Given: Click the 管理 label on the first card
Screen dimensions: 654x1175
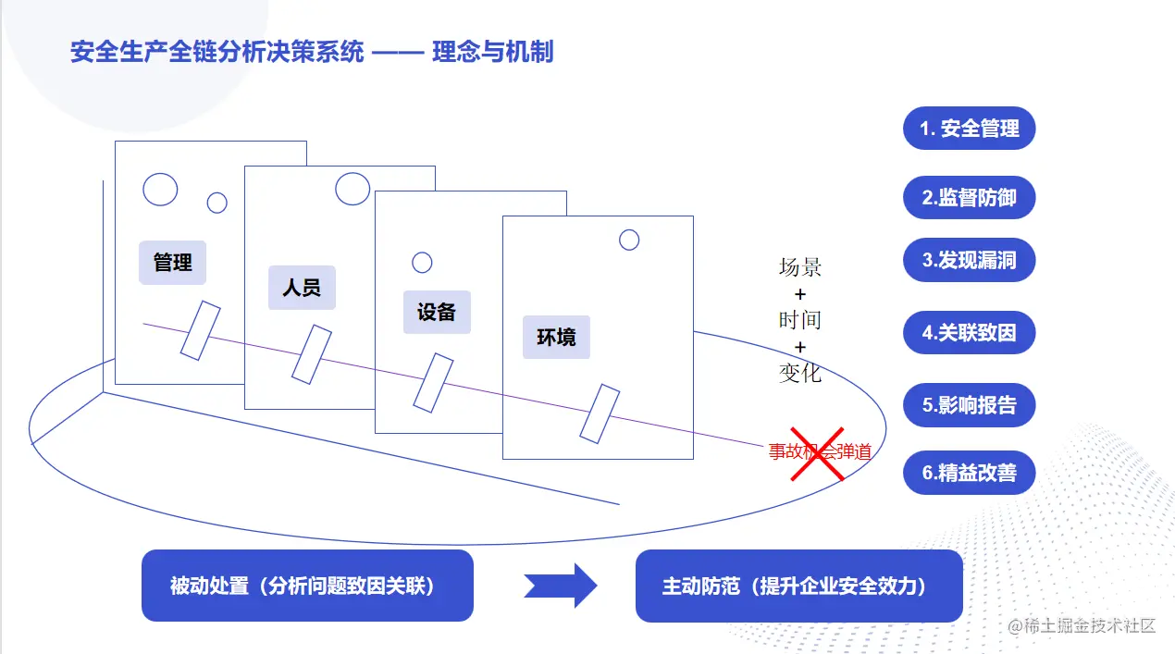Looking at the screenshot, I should [172, 263].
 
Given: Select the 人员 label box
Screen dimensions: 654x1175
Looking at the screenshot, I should [302, 288].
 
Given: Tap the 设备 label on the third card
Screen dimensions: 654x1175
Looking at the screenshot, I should [437, 312].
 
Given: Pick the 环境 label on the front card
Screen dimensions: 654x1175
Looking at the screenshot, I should [556, 337].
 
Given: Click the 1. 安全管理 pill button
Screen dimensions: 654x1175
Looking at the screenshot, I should [969, 129].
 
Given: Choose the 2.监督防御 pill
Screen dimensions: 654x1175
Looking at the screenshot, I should [969, 198].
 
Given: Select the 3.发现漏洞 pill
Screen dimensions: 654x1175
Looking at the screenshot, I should [969, 261].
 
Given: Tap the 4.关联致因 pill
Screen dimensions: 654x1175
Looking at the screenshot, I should [969, 333].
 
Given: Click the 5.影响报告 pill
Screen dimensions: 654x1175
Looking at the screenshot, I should [969, 405].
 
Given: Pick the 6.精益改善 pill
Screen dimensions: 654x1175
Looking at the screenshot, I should [969, 473].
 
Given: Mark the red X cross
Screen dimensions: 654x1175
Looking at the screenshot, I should [816, 454].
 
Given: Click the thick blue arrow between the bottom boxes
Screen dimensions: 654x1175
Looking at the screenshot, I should [561, 586].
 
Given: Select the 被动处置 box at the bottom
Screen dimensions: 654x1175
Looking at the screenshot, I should [307, 586].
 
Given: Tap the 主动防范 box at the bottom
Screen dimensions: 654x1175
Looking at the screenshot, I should [798, 586].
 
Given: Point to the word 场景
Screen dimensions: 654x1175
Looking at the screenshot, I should [800, 268].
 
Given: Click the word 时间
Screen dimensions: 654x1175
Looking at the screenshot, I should [800, 320].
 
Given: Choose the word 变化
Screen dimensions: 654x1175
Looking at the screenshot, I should [800, 373].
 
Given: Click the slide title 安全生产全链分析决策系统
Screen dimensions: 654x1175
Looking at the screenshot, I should [217, 52].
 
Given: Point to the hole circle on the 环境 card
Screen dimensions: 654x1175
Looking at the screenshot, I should [629, 241].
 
